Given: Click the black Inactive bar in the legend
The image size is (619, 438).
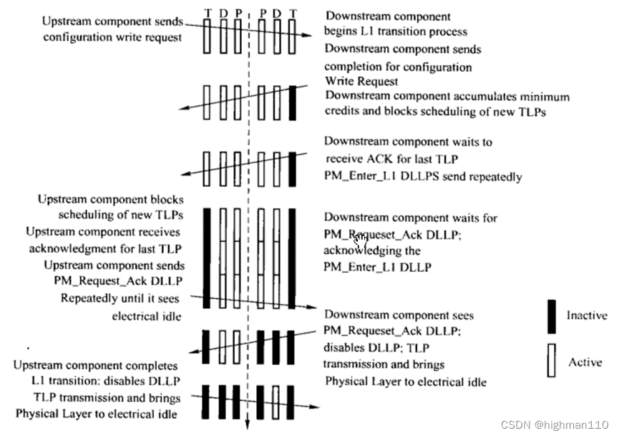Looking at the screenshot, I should tap(551, 317).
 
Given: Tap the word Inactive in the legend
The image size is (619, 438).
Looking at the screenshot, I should tap(587, 316).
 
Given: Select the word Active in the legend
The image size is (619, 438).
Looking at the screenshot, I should tap(585, 362).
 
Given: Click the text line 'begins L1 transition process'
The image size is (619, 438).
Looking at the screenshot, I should tap(395, 31).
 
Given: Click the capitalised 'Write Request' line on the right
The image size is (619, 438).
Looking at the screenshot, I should tap(361, 82).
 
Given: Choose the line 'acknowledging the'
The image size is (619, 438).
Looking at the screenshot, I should tap(371, 251).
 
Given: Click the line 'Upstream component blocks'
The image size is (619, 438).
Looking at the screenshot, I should tap(110, 199).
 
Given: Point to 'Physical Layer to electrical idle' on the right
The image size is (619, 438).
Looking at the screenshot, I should tap(406, 381).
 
